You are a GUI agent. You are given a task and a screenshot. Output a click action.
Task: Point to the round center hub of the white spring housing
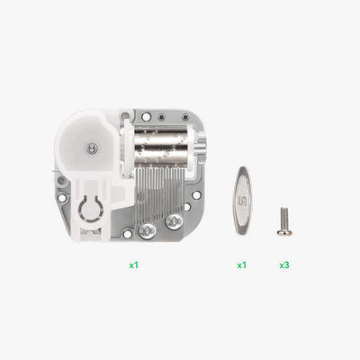pyautogui.click(x=93, y=147)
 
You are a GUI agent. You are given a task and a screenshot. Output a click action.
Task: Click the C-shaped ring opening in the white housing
pyautogui.click(x=91, y=212)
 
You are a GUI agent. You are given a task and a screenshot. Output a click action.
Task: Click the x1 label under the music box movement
pyautogui.click(x=133, y=265)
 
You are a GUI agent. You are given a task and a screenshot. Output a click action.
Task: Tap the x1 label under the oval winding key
pyautogui.click(x=241, y=265)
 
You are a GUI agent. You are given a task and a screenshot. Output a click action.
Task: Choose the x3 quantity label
pyautogui.click(x=284, y=265)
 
